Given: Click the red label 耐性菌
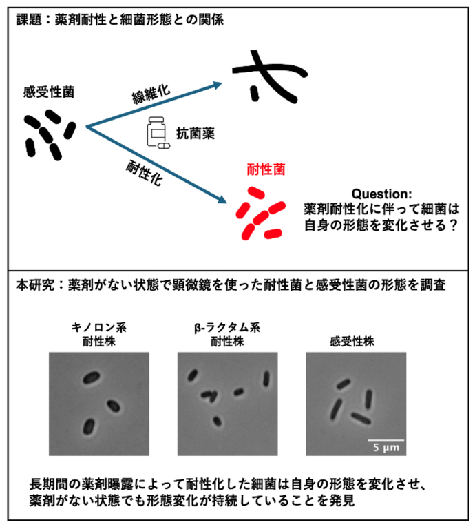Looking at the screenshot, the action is click(266, 169).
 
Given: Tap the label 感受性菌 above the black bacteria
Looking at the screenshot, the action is click(49, 92).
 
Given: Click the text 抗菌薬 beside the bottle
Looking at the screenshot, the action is click(196, 134).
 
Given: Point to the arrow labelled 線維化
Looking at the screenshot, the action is click(154, 105).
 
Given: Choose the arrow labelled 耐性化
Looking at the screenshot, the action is click(156, 165).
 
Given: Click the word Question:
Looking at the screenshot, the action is click(381, 194).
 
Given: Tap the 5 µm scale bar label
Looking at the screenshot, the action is click(386, 447).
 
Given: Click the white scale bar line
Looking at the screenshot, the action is click(386, 440).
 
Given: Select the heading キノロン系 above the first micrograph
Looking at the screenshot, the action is click(98, 327).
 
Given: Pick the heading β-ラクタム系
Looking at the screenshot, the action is click(227, 328).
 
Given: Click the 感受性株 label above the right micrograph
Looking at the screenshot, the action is click(352, 342).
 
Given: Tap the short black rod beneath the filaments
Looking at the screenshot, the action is click(255, 94).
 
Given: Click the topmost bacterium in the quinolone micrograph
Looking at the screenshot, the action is click(91, 377).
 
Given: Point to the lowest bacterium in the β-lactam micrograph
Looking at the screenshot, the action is click(217, 421).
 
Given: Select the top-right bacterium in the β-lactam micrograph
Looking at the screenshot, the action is click(266, 379).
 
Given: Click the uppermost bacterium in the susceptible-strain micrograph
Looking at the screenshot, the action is click(344, 384).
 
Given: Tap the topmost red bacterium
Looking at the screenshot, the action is click(256, 193).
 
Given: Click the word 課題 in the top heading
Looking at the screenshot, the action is click(28, 19).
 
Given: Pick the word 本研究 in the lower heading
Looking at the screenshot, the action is click(35, 285).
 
